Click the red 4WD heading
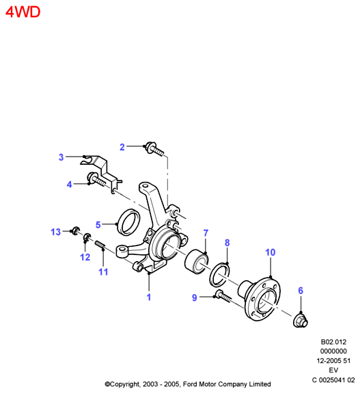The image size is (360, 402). [23, 12]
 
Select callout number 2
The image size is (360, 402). [122, 147]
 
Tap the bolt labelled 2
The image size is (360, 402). [154, 149]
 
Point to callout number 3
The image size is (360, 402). [61, 157]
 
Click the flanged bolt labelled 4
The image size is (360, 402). [96, 179]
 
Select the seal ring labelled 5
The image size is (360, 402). [128, 222]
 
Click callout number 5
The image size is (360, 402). [98, 225]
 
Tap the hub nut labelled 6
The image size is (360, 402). [300, 321]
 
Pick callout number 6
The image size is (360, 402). [301, 291]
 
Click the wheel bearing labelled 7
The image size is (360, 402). [197, 261]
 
